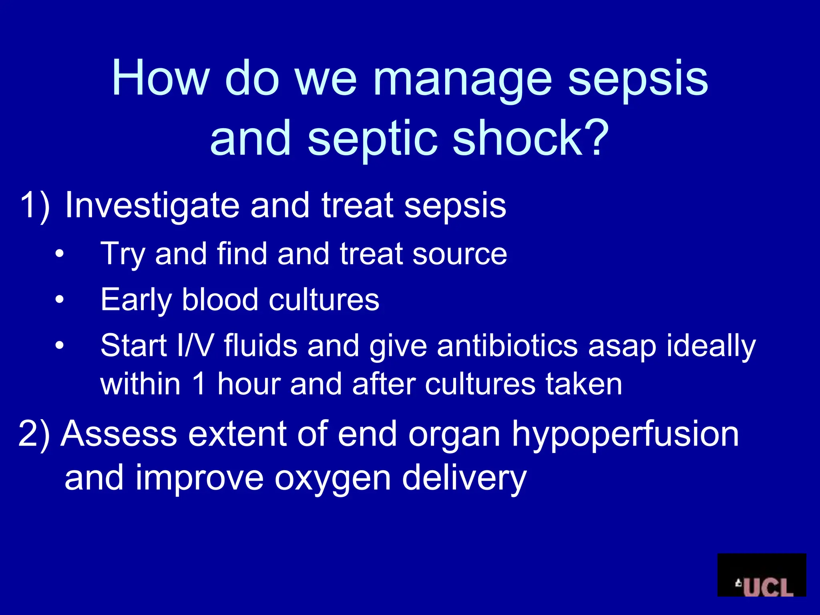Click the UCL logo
pos(761,575)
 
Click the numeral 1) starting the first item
pos(35,205)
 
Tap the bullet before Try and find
pos(60,254)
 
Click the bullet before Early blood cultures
pos(60,299)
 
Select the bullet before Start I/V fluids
pos(60,345)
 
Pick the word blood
pos(220,299)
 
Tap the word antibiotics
pos(507,345)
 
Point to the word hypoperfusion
pos(625,435)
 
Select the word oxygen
pos(332,479)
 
